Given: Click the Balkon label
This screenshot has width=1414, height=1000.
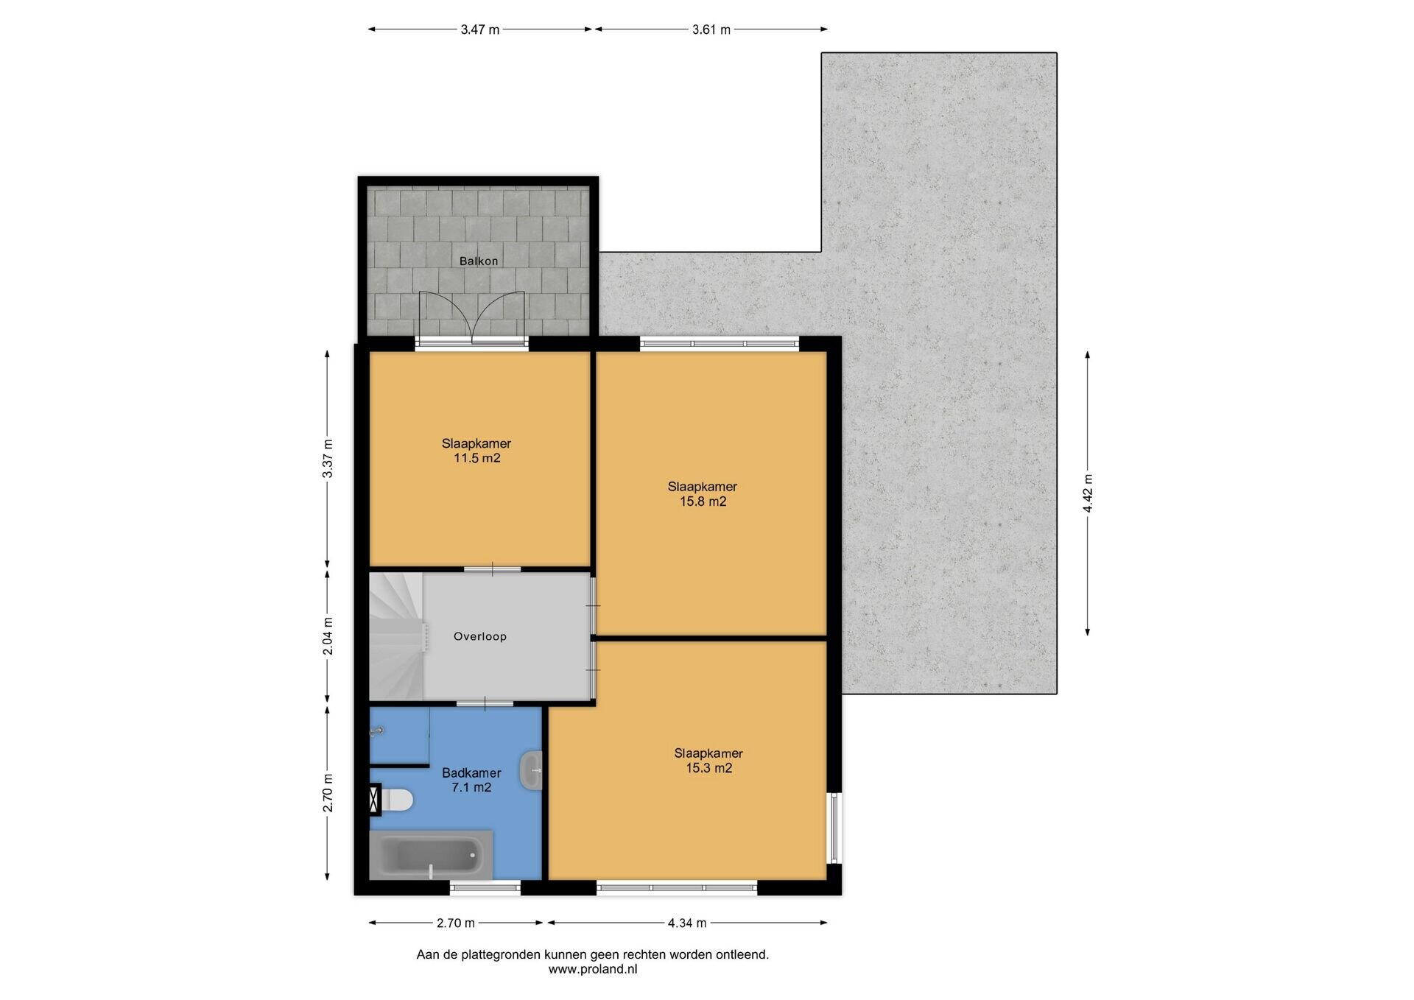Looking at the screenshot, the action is pos(479,261).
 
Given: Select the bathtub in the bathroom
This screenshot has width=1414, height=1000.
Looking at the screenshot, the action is pos(431,855).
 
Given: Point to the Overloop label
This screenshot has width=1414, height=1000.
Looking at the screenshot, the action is pos(480,636).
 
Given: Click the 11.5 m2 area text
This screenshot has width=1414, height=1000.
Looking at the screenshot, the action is pos(477,458).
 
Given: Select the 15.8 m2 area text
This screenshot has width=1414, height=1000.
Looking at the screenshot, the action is pos(703,501).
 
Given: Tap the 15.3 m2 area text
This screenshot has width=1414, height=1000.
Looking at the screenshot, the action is pos(708,768).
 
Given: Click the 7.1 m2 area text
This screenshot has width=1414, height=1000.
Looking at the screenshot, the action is pos(471,787).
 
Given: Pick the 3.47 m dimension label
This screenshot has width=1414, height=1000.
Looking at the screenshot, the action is pos(480,29).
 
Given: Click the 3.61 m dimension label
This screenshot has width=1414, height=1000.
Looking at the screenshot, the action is pos(711,29).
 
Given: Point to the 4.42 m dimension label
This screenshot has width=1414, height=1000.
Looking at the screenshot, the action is pos(1088,493).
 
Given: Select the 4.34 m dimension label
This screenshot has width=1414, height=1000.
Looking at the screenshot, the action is pos(687,923).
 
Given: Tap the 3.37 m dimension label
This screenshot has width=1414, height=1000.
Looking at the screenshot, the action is pos(328,459).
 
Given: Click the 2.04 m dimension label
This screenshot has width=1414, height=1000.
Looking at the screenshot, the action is pos(328,636).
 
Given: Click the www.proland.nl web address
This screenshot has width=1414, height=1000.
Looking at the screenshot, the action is pos(593,969).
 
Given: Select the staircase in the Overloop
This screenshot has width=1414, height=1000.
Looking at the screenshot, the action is pos(398,636).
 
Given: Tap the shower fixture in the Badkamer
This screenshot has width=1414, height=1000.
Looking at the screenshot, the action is pos(378,730).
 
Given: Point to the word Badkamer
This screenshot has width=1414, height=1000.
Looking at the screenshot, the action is pos(471,772).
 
